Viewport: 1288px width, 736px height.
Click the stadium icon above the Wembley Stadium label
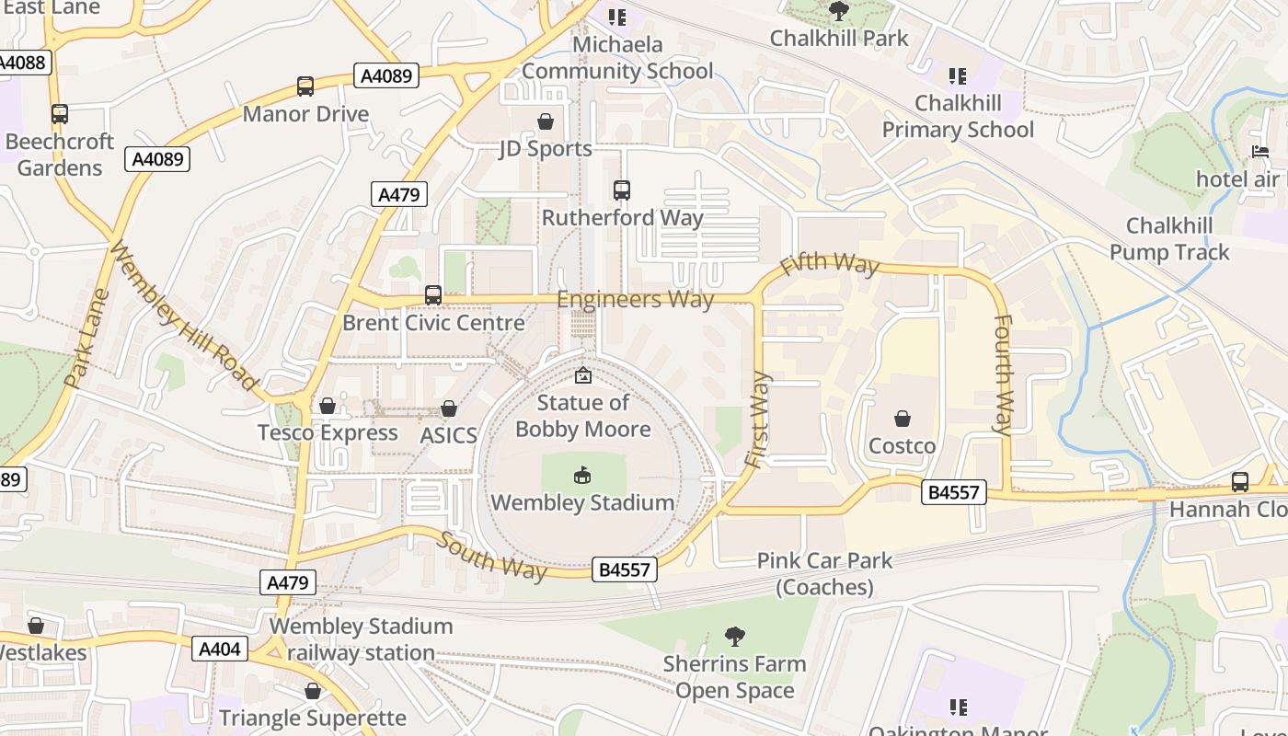click(582, 475)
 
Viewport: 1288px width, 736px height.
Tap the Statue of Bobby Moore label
click(583, 416)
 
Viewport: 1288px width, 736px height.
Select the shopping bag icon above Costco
click(903, 419)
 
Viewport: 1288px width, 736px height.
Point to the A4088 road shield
click(23, 63)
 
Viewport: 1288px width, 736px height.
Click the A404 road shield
click(221, 649)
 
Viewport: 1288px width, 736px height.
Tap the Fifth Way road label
click(830, 265)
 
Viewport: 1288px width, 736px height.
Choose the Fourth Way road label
click(1003, 374)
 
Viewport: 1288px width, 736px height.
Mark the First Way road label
click(758, 420)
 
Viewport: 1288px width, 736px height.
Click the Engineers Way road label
click(635, 300)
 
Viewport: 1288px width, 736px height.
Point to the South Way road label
click(491, 556)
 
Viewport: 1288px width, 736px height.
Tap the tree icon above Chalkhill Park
click(839, 11)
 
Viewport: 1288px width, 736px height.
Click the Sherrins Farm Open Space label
click(734, 677)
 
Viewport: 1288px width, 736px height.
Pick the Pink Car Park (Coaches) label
click(824, 573)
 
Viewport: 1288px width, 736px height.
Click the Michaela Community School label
click(617, 57)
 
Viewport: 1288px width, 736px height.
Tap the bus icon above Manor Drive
click(305, 86)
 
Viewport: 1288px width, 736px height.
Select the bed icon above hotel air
click(1260, 151)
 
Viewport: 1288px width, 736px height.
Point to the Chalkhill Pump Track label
click(1168, 238)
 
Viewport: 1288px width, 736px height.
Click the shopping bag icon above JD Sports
click(546, 121)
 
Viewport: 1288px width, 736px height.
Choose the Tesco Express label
click(328, 432)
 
